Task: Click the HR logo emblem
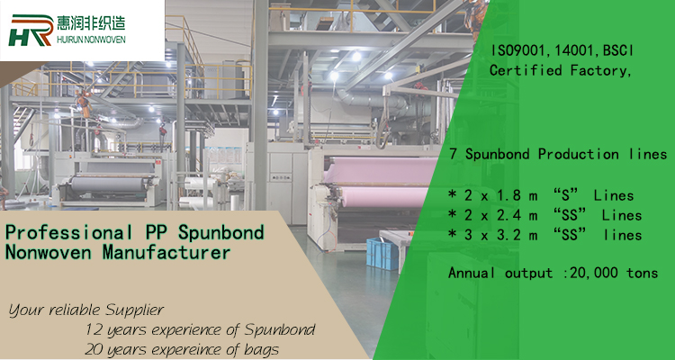(x=31, y=30)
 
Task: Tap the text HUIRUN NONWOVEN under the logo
(x=91, y=40)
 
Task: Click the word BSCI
(x=618, y=50)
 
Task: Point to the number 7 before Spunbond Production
(x=454, y=154)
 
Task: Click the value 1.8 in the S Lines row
(x=511, y=196)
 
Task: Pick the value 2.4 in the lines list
(x=511, y=215)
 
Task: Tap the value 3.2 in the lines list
(x=511, y=235)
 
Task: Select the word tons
(x=643, y=273)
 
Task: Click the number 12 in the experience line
(x=93, y=330)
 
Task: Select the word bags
(x=260, y=349)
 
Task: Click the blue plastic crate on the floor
(x=382, y=254)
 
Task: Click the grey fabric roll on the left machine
(x=109, y=184)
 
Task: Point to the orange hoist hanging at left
(x=84, y=103)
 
